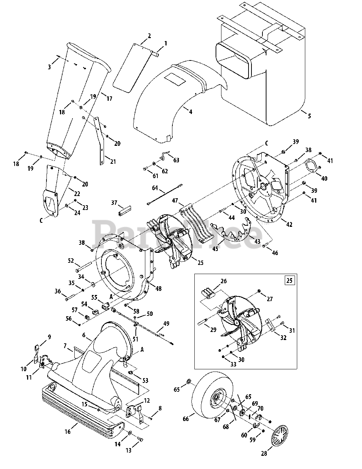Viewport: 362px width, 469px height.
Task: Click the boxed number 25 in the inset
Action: click(289, 280)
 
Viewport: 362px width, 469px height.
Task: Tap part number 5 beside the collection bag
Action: click(309, 116)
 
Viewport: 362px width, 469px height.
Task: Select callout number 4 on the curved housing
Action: click(190, 112)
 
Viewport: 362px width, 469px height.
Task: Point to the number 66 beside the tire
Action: click(186, 419)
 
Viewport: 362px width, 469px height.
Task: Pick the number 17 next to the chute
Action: click(109, 99)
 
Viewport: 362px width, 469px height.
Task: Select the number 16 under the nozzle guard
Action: click(67, 432)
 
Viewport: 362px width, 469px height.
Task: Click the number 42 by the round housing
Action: click(289, 224)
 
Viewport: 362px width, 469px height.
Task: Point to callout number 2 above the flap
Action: click(149, 36)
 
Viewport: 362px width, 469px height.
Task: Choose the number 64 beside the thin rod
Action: click(155, 188)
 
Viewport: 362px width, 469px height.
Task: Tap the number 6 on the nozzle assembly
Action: click(84, 335)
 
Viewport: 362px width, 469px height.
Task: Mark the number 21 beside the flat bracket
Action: click(113, 162)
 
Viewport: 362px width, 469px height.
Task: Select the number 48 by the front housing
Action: click(158, 288)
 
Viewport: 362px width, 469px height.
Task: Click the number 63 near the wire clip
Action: click(176, 160)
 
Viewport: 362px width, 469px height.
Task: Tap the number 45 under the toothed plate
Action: click(215, 249)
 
